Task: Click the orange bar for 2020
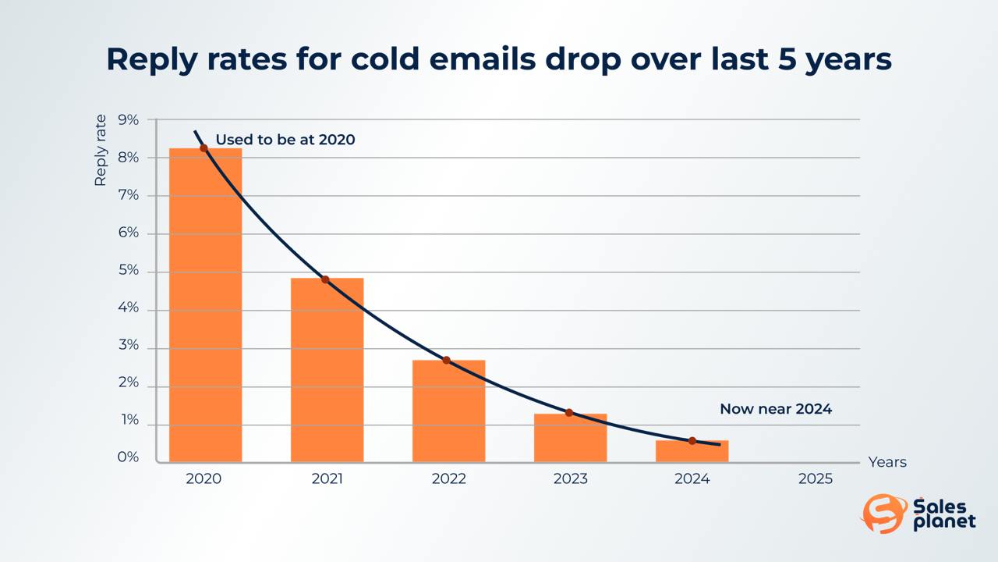tap(205, 305)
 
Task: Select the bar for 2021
tap(327, 370)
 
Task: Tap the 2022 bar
tap(448, 411)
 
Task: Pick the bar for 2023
tap(570, 438)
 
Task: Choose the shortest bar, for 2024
tap(692, 451)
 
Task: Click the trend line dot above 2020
tap(203, 148)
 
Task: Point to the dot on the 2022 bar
tap(447, 360)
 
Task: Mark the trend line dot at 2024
tap(692, 441)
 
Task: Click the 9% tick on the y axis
tap(129, 119)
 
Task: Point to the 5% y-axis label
tap(129, 270)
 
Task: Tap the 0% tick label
tap(129, 457)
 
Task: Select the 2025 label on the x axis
tap(816, 478)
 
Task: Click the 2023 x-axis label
tap(570, 478)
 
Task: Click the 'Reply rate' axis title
tap(101, 151)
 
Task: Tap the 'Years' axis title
tap(887, 462)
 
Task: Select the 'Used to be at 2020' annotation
tap(285, 140)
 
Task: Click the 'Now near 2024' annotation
tap(776, 409)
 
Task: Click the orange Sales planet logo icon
tap(884, 514)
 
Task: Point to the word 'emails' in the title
tap(482, 59)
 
